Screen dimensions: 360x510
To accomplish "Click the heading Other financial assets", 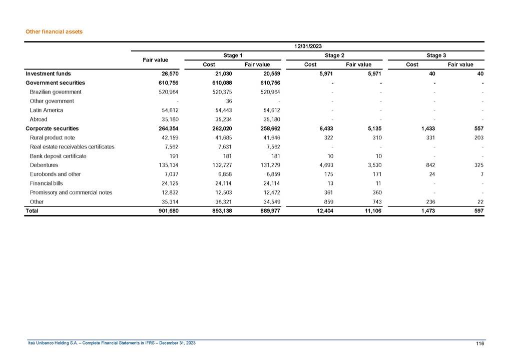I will coord(54,31).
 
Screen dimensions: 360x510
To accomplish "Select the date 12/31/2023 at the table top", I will coord(307,46).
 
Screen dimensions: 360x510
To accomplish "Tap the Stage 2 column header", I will coord(334,55).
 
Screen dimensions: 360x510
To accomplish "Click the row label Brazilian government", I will coord(55,92).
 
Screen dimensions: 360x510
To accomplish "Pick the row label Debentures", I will coord(44,165).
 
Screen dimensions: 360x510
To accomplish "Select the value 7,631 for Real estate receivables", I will coord(220,146).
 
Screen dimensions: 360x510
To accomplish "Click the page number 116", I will coord(480,343).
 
